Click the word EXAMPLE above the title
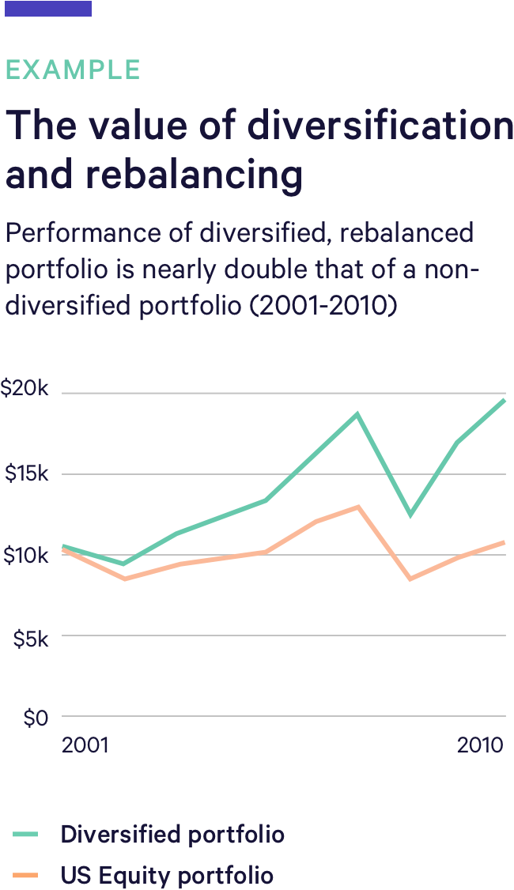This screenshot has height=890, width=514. pos(73,70)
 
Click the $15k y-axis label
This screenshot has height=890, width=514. pos(27,473)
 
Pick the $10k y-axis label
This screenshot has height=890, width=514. pos(27,555)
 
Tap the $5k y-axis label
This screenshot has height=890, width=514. pos(31,637)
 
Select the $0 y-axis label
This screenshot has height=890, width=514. pos(36,718)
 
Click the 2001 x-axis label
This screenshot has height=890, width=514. pos(85,746)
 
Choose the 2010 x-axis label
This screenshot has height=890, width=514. pos(480,746)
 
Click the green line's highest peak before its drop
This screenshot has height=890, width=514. pos(357,413)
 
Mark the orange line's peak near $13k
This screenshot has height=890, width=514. pos(358,507)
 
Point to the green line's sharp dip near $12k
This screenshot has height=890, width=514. pos(410,515)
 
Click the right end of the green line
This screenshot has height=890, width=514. pos(504,400)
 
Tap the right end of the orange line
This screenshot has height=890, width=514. pos(504,542)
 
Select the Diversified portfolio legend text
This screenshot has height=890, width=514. pos(172,834)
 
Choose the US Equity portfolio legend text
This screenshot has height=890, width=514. pos(167,876)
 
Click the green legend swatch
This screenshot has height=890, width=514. pos(25,834)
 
